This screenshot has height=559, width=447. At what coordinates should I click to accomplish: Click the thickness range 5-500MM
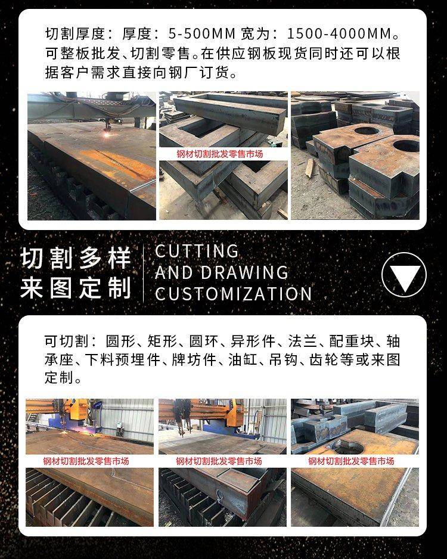(202, 33)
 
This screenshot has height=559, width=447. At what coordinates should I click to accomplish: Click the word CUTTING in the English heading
(197, 251)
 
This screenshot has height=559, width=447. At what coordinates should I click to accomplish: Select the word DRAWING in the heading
(244, 273)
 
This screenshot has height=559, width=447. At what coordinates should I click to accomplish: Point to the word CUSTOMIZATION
(234, 294)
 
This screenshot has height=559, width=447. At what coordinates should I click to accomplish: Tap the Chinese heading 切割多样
(76, 257)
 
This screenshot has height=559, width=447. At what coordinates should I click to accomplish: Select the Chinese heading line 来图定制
(76, 287)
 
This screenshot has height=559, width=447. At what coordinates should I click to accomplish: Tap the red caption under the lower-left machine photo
(86, 461)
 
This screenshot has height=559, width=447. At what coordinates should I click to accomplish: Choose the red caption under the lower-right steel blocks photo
(352, 461)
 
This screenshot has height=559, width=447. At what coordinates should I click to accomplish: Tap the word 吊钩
(283, 359)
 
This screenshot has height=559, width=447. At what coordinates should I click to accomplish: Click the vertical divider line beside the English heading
(143, 273)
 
